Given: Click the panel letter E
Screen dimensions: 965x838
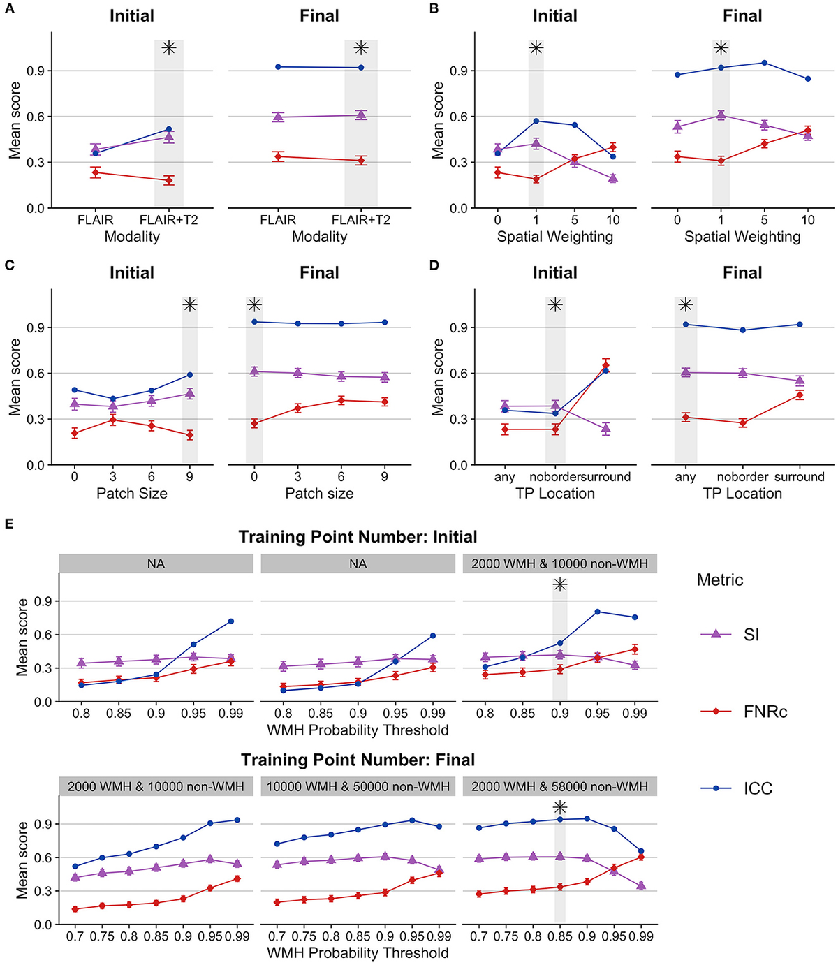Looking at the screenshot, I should click(9, 523).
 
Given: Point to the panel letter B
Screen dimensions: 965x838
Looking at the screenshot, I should click(434, 9).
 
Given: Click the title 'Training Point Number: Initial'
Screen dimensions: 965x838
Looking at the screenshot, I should click(358, 537).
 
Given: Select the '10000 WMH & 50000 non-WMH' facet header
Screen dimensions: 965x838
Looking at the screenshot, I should click(358, 786).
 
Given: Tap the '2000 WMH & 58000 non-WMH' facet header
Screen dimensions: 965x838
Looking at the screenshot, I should click(559, 786).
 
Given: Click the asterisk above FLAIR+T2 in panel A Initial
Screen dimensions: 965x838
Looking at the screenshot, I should click(168, 48).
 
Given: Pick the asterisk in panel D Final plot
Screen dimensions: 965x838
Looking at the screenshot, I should click(685, 305).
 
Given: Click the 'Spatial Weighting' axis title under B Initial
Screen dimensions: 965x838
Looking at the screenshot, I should click(554, 237).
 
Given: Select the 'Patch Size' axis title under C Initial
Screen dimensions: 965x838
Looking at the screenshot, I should click(131, 494).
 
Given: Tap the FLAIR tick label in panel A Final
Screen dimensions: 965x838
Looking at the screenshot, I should click(278, 220).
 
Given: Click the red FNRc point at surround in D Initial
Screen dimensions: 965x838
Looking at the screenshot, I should click(605, 365).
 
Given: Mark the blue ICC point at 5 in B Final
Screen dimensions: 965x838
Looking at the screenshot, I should click(764, 63).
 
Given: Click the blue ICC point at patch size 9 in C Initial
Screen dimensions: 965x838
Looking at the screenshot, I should click(189, 375).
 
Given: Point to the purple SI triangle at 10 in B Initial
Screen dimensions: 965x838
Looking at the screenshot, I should click(612, 178).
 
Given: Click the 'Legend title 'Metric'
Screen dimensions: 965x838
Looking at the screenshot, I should click(719, 580).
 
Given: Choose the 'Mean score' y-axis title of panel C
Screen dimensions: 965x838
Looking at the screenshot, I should click(15, 377).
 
